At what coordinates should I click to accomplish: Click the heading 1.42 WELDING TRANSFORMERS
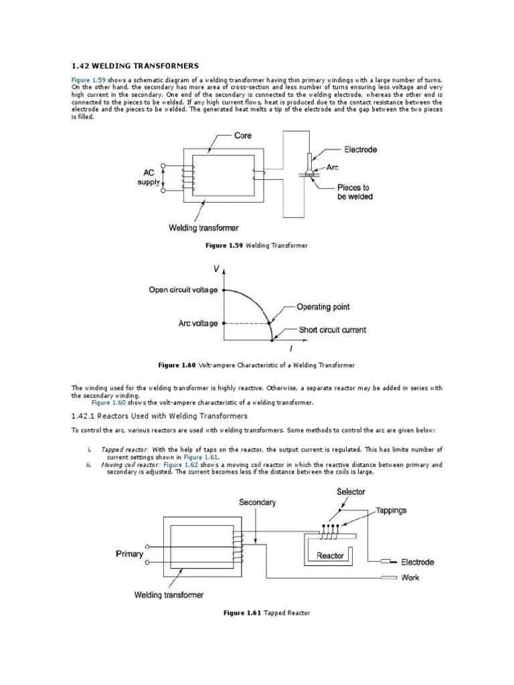pos(135,66)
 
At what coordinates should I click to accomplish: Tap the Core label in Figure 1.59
pos(243,136)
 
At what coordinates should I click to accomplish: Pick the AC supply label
pos(149,177)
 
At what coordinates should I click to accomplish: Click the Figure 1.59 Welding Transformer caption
pos(256,246)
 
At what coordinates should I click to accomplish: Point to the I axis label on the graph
pos(290,350)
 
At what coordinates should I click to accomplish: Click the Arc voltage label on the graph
pos(197,323)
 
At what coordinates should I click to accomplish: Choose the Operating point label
pos(323,307)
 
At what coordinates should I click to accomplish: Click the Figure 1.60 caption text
pos(256,365)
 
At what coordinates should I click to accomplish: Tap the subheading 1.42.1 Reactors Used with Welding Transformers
pos(159,415)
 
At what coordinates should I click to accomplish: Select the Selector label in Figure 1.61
pos(351,492)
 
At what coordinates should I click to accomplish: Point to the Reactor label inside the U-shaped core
pos(330,555)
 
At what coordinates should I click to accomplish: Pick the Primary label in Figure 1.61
pos(129,554)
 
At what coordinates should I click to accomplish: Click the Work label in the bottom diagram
pos(410,577)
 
